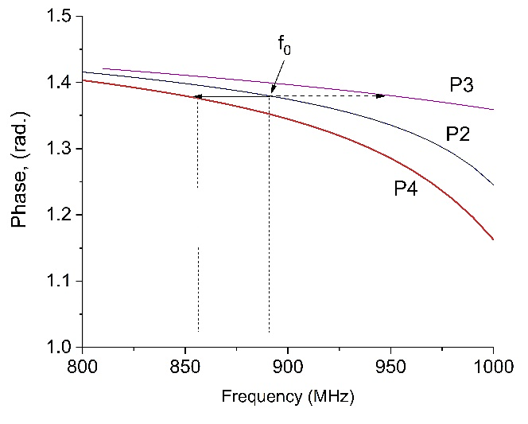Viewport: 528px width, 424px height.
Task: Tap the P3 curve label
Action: click(x=462, y=85)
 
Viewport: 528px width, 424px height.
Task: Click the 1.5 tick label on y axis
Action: click(x=60, y=17)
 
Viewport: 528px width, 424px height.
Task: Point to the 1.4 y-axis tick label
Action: click(x=60, y=83)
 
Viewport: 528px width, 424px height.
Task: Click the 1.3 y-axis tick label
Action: click(x=60, y=149)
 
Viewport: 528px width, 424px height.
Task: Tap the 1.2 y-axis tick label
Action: click(x=60, y=215)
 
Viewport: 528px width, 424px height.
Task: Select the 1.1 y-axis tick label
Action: click(x=60, y=281)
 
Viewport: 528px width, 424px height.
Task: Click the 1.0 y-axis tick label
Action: click(x=60, y=347)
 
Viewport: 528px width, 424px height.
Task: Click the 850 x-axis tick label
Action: click(x=185, y=368)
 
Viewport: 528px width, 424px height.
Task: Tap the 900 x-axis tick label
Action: click(x=288, y=368)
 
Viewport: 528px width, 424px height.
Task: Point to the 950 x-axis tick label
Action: click(x=390, y=368)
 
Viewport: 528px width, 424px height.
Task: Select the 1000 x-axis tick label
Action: click(x=493, y=368)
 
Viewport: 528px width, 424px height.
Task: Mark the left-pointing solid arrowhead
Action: click(x=196, y=97)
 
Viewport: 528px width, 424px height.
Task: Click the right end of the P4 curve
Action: click(x=493, y=239)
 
